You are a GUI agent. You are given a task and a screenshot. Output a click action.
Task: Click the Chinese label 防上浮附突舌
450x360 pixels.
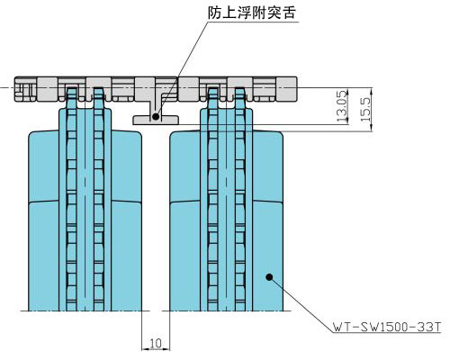[x=252, y=13]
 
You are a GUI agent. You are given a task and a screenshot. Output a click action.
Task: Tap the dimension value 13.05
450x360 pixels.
[x=342, y=106]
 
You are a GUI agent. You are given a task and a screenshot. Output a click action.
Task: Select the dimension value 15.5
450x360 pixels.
[x=365, y=106]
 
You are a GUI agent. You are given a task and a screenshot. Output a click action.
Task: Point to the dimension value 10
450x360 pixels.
[x=156, y=343]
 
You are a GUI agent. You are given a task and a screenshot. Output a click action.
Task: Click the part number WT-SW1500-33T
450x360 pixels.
[x=387, y=327]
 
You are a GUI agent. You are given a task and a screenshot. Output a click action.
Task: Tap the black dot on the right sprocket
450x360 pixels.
[x=269, y=277]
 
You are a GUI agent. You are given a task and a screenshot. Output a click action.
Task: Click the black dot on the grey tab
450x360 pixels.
[x=156, y=116]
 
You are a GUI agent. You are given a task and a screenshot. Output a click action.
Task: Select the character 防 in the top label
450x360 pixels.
[x=215, y=13]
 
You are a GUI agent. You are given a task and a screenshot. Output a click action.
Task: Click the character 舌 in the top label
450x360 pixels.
[x=289, y=13]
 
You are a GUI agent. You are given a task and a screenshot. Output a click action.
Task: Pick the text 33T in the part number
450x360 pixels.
[x=429, y=327]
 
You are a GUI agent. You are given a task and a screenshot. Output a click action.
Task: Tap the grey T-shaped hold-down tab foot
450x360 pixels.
[x=156, y=120]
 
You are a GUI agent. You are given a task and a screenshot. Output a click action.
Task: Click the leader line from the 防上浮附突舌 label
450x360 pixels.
[x=182, y=68]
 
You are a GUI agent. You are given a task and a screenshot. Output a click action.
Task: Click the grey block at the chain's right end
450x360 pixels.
[x=286, y=88]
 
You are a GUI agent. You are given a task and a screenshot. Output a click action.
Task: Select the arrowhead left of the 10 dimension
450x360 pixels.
[x=145, y=349]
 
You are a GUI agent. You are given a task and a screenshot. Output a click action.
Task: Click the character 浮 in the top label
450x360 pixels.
[x=245, y=13]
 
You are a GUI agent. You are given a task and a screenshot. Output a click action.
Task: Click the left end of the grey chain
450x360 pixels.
[x=15, y=89]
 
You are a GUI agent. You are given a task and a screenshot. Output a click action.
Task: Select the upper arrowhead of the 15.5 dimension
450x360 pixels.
[x=372, y=91]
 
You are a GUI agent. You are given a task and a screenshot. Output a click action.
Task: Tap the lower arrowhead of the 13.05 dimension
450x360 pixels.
[x=348, y=121]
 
